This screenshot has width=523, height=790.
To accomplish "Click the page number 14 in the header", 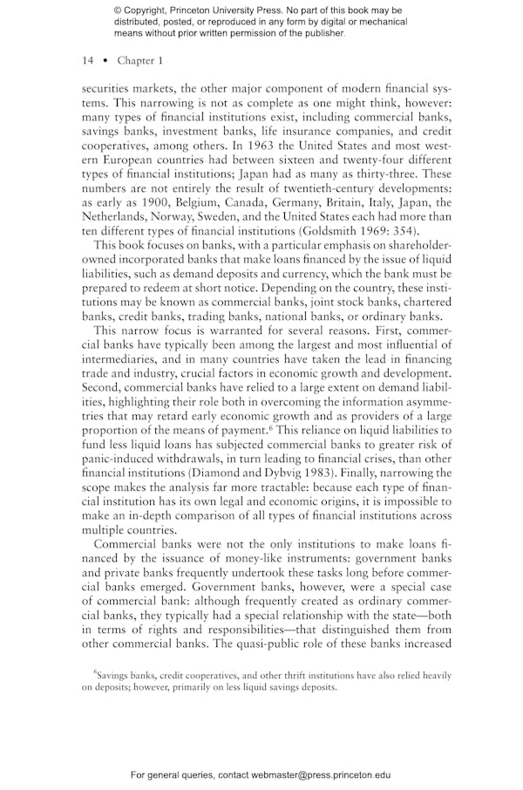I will (87, 60).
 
